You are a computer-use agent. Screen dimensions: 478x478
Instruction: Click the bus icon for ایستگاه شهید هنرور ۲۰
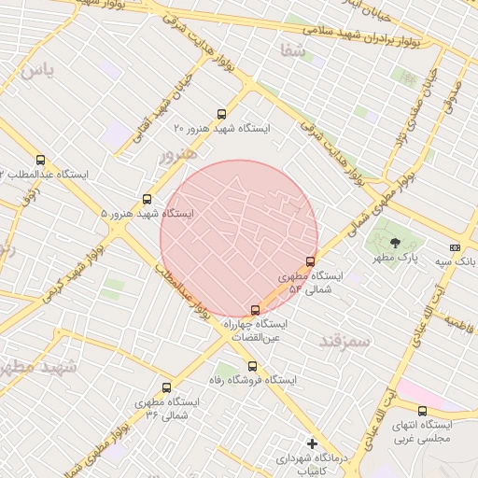coord(221,114)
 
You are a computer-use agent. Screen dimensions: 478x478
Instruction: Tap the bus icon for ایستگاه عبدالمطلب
coord(39,161)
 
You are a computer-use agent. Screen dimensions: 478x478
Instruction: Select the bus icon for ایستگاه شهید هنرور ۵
coord(147,199)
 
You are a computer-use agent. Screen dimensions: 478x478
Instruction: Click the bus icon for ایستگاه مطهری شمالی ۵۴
coord(311,261)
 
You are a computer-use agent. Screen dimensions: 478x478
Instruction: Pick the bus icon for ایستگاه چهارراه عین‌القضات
coord(255,309)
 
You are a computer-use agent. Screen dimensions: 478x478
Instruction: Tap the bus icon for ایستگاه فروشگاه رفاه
coord(253,366)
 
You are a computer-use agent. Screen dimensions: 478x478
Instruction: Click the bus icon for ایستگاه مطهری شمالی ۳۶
coord(166,387)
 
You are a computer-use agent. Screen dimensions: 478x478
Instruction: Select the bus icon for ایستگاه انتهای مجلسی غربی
coord(422,411)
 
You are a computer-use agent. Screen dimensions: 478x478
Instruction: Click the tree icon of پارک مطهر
coord(395,242)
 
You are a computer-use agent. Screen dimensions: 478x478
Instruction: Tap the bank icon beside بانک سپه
coord(455,247)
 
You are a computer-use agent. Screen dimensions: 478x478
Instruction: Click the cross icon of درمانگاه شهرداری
coord(312,443)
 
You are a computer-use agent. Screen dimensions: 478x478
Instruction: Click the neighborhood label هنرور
coord(177,154)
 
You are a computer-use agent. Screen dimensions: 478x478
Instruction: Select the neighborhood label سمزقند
coord(344,341)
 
